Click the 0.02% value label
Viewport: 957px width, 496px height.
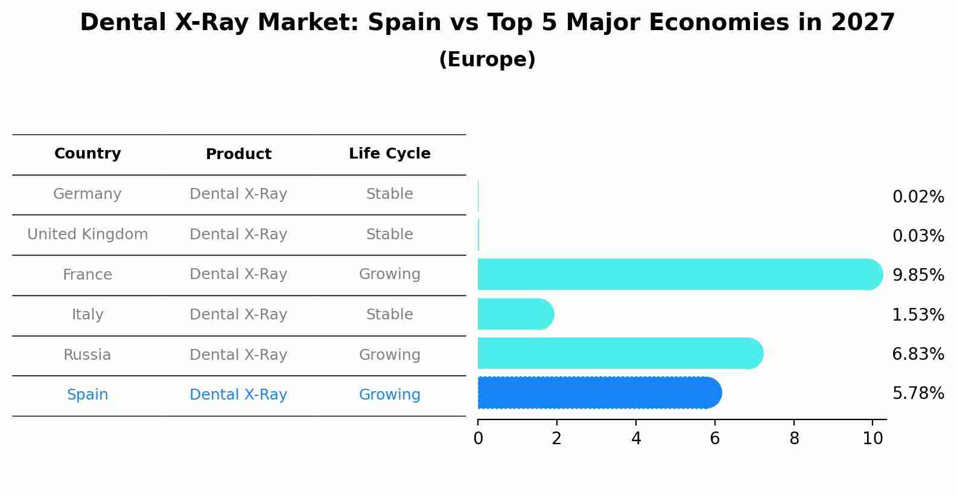[918, 197]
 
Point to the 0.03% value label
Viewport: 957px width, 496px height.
[918, 236]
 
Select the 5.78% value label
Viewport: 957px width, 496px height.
[918, 394]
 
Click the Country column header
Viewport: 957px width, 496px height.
[87, 154]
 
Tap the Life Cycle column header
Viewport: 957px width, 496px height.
[389, 154]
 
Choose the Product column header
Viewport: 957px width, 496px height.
[238, 154]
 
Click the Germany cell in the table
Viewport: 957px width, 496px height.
[87, 194]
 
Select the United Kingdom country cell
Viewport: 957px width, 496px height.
[87, 234]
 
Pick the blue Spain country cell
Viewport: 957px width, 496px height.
[87, 395]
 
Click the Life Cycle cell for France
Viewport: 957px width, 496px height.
[389, 274]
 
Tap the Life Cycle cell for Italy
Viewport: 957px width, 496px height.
[389, 315]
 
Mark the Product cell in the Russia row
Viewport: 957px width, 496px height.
[238, 355]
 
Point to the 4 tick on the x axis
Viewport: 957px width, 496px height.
[636, 439]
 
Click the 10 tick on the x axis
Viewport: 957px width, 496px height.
[873, 439]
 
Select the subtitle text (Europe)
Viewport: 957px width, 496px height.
[487, 60]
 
